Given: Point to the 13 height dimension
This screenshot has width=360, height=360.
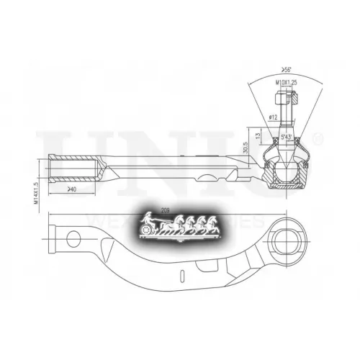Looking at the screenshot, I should [x=258, y=135].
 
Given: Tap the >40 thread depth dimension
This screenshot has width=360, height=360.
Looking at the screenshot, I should [x=71, y=189].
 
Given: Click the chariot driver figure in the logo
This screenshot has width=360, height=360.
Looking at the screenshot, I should [x=148, y=219].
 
